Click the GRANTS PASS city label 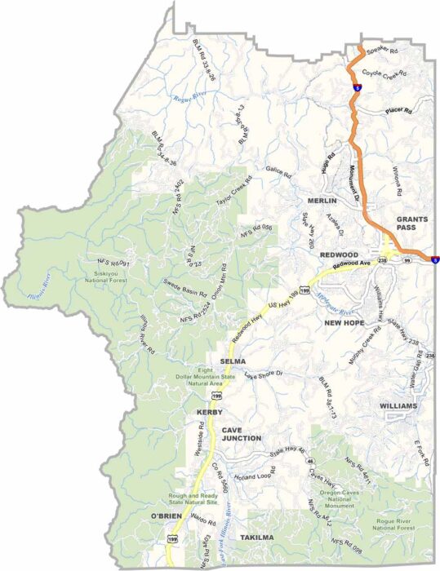(x=411, y=224)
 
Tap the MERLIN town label (x=322, y=200)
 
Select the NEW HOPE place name (x=344, y=323)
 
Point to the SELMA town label (x=233, y=360)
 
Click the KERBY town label (x=210, y=413)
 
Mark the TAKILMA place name (x=257, y=538)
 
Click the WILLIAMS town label (x=398, y=405)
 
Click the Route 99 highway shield (x=405, y=259)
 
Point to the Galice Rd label (x=278, y=170)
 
